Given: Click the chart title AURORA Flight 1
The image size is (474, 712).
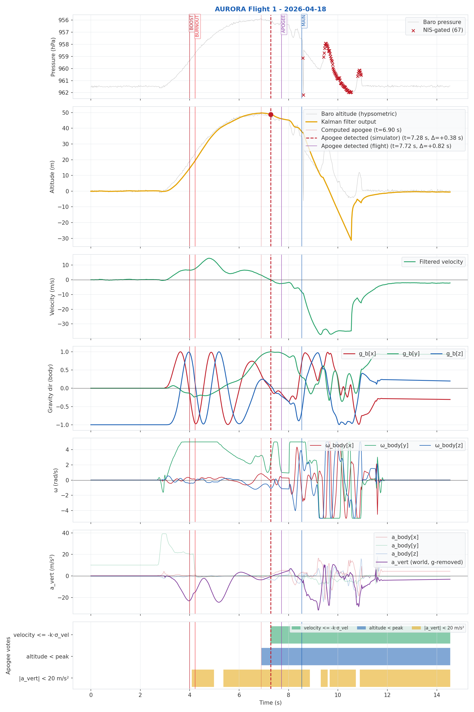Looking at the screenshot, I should click(x=270, y=9).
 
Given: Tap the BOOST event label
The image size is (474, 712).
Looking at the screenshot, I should click(x=191, y=23).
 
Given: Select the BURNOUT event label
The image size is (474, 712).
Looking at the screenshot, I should click(x=197, y=26).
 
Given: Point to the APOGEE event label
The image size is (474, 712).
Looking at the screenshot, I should click(x=284, y=24).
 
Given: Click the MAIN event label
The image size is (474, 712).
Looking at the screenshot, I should click(x=304, y=21).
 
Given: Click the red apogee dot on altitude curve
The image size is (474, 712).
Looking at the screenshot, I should click(x=271, y=114).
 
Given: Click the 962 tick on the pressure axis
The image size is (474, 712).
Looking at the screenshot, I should click(x=63, y=93).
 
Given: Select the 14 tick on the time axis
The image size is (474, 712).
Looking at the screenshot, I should click(x=437, y=695).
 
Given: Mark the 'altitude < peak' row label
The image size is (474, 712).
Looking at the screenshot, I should click(x=47, y=657).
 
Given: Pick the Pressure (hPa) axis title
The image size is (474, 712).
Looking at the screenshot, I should click(x=53, y=57).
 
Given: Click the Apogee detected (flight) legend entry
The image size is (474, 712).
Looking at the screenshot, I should click(x=386, y=146).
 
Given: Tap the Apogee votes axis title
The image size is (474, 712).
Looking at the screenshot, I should click(x=8, y=656).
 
